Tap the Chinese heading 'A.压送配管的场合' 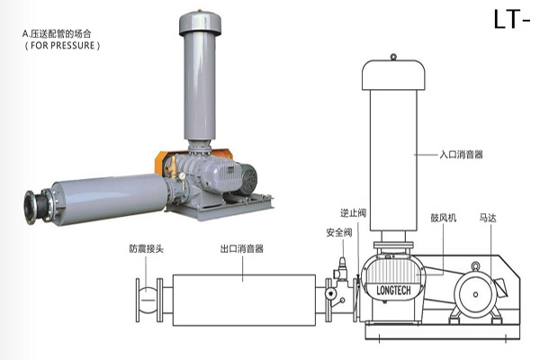(x=61, y=33)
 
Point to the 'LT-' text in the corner (x=517, y=19)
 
